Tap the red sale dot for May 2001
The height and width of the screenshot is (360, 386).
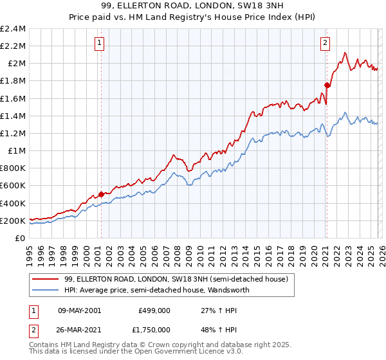pyautogui.click(x=101, y=194)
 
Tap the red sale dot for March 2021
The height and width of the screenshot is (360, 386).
pyautogui.click(x=327, y=85)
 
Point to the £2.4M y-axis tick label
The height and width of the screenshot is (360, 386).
pyautogui.click(x=13, y=29)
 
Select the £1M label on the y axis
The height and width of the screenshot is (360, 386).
pyautogui.click(x=17, y=151)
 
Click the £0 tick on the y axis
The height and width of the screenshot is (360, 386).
pyautogui.click(x=21, y=238)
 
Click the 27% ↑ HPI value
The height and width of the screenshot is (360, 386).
pyautogui.click(x=213, y=309)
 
